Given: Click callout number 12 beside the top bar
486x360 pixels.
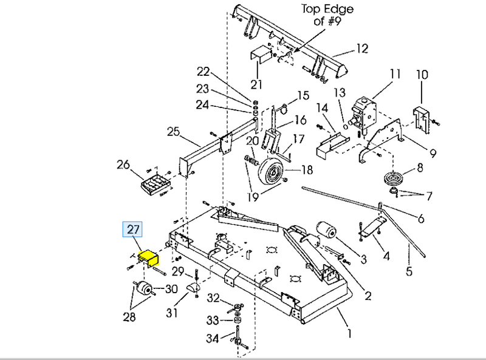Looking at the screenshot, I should tap(363, 49).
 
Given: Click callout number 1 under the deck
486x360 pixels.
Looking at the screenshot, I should tap(349, 332).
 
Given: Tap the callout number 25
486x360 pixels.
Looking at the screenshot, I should tap(174, 131).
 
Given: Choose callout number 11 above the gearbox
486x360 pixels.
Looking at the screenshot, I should tap(395, 75).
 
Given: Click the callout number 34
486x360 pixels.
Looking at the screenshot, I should tap(213, 338).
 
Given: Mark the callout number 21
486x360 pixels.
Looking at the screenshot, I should tap(256, 84).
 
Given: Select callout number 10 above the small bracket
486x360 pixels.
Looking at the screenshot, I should tap(422, 75).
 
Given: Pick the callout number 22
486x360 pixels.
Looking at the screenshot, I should tap(202, 71).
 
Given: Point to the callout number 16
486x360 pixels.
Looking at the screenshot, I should tap(301, 120).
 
